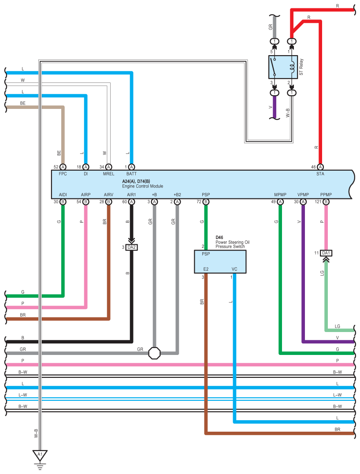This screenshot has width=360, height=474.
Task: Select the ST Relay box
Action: (283, 67)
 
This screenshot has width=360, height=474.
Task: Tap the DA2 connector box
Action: (131, 247)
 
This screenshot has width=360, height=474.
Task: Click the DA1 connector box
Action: (326, 253)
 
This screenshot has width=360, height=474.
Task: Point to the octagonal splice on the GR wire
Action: (154, 353)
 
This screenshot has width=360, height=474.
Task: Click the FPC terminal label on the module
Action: (63, 174)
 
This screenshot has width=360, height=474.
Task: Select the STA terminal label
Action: (320, 174)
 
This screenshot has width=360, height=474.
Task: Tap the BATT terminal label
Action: (131, 174)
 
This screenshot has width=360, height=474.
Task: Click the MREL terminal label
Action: (109, 174)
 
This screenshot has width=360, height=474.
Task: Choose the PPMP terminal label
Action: (326, 195)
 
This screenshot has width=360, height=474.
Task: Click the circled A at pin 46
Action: (320, 167)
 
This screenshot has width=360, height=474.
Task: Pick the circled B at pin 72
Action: (206, 202)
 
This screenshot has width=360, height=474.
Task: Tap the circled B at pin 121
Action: (326, 202)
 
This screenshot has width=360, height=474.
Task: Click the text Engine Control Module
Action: (143, 186)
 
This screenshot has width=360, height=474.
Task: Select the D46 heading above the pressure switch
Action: (219, 237)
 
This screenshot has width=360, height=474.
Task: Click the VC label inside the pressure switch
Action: (234, 269)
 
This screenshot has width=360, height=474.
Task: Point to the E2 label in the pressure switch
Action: (206, 269)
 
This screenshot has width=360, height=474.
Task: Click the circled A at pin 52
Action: (63, 167)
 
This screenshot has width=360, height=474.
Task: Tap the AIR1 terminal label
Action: (131, 195)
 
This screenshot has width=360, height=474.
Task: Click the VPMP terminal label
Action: (303, 195)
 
